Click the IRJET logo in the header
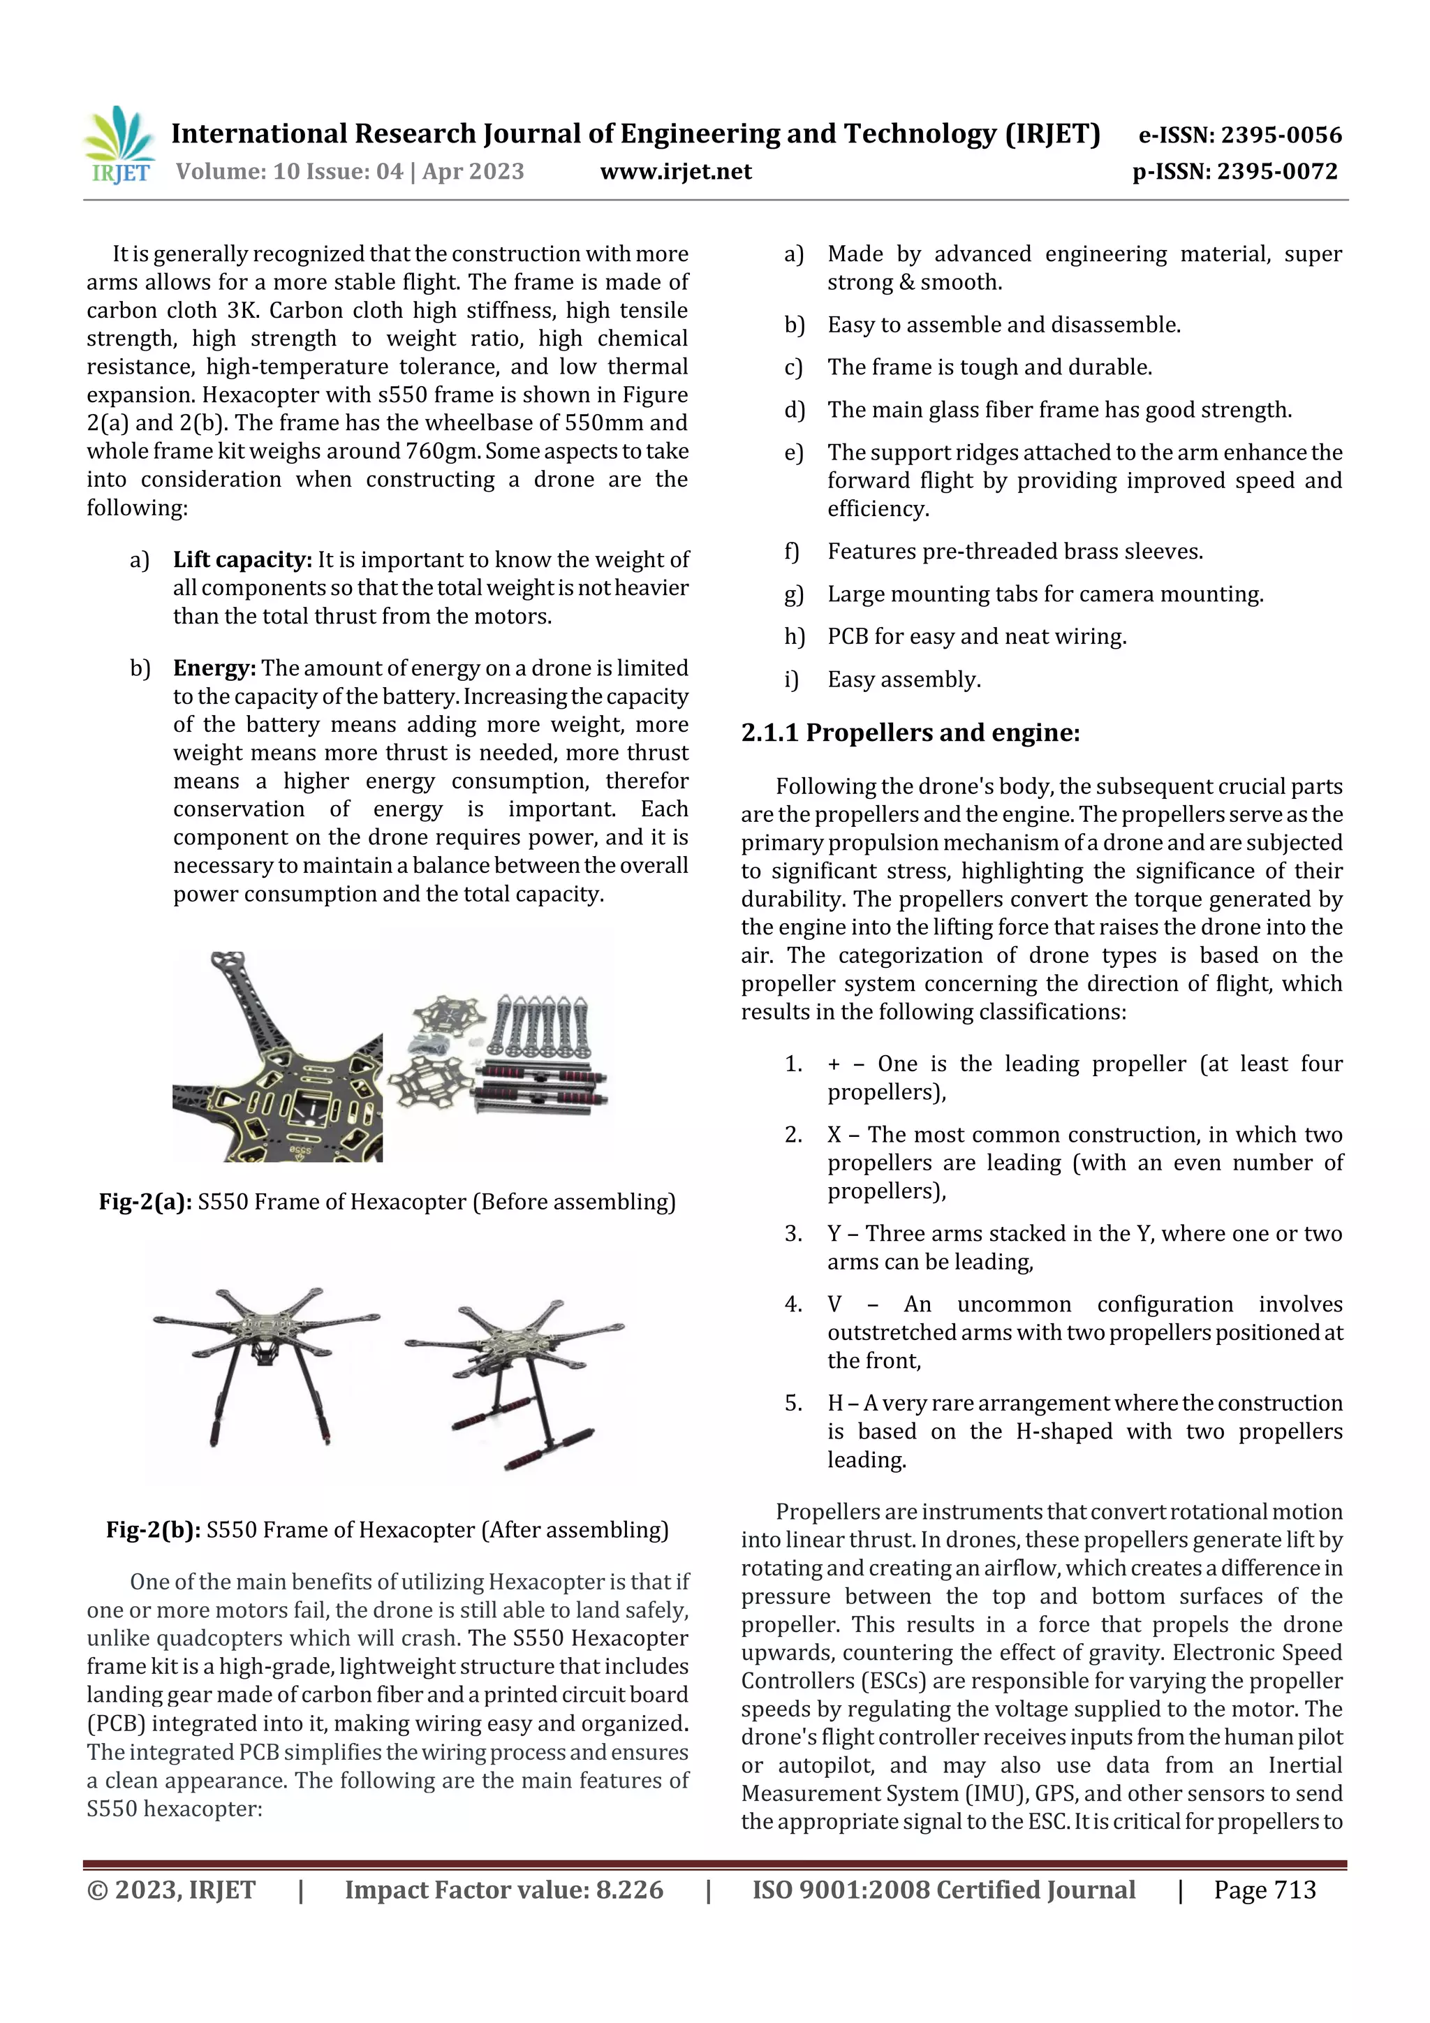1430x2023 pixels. pos(121,145)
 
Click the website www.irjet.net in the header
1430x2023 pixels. pos(676,172)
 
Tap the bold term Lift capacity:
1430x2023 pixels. pos(242,559)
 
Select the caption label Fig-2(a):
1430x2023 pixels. pos(145,1202)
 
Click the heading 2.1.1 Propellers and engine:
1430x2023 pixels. pos(911,733)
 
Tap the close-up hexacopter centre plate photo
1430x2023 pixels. pos(277,1057)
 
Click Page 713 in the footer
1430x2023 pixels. pos(1265,1889)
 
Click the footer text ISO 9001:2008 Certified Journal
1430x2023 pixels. pos(943,1889)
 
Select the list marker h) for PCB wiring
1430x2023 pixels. pos(794,636)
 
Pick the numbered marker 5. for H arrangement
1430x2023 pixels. pos(793,1403)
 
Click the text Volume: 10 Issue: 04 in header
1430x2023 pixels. pos(290,172)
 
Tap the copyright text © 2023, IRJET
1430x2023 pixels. pos(171,1889)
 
